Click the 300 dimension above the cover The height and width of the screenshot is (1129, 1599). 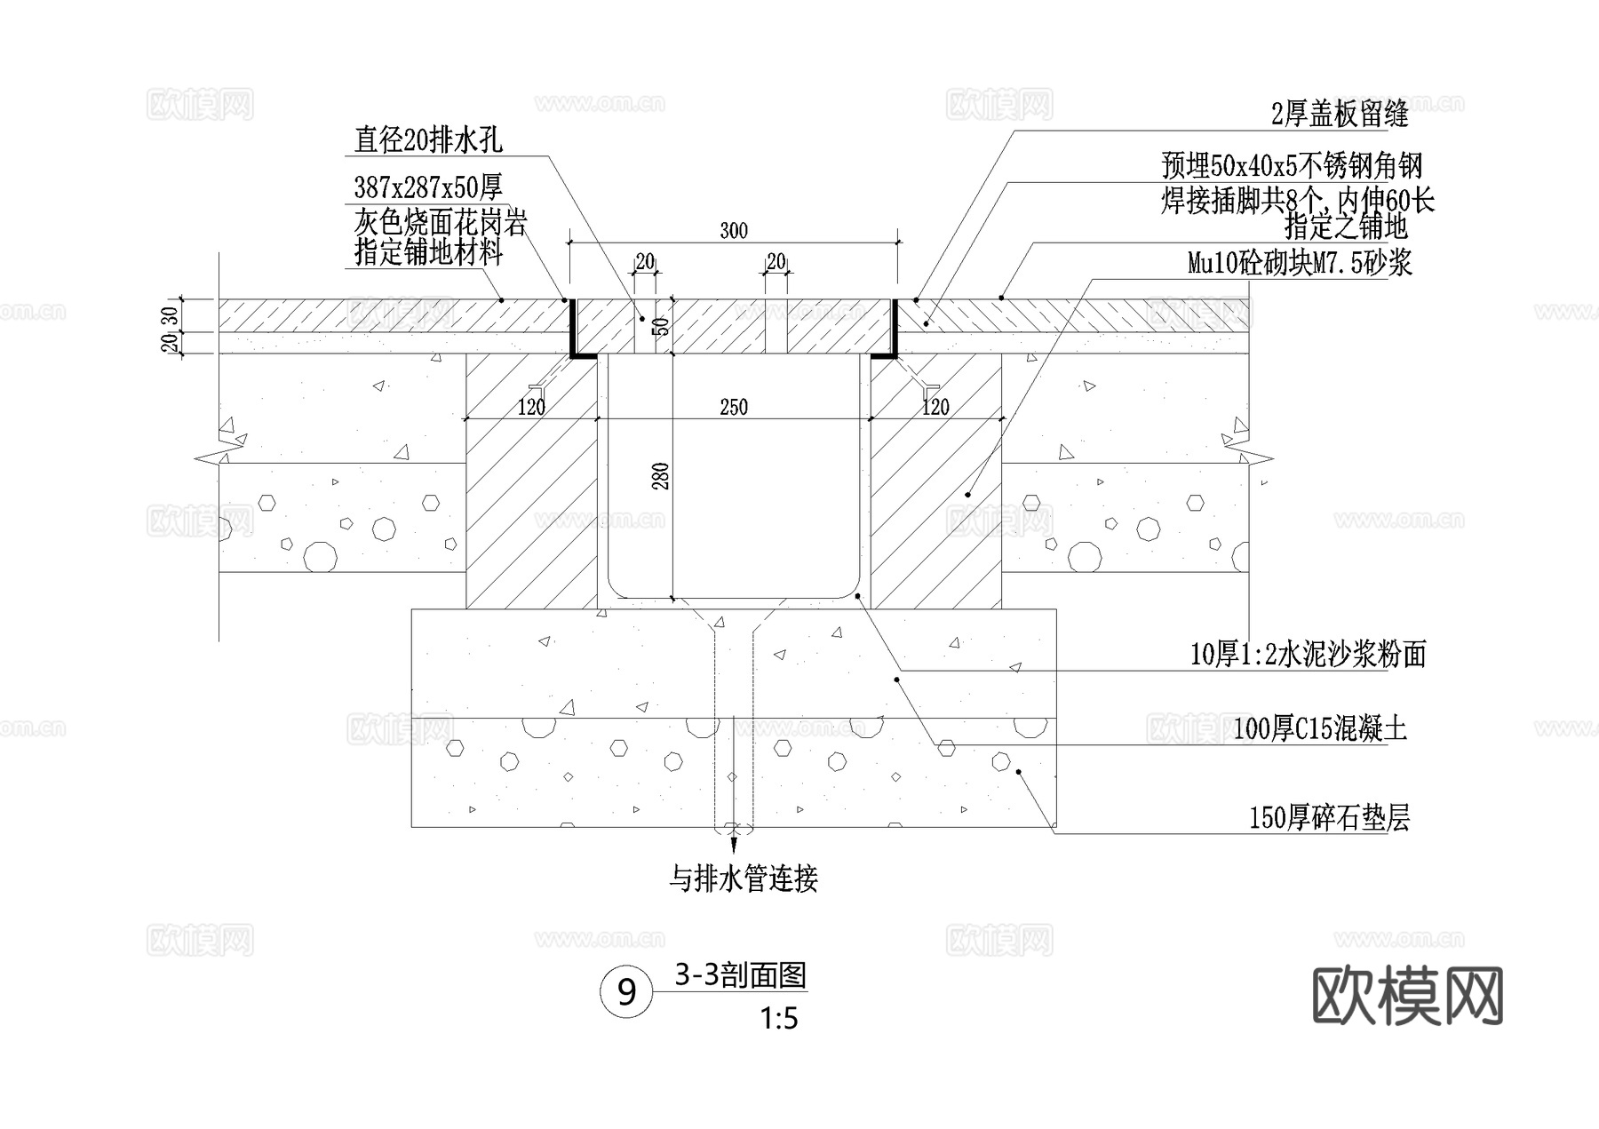733,231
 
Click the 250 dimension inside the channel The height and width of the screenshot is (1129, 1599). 733,408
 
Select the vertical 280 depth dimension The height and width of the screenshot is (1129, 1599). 660,476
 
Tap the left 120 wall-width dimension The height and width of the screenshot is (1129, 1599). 531,408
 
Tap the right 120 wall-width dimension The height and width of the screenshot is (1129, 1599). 935,408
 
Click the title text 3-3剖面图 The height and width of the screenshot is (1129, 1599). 740,976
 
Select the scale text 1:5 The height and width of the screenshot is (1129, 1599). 779,1019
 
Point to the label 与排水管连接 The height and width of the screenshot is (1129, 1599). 743,879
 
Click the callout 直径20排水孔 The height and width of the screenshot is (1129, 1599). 428,139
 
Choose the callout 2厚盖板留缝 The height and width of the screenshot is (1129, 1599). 1340,114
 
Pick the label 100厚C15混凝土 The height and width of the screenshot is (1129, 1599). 1320,730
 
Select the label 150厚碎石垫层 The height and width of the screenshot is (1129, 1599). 1329,817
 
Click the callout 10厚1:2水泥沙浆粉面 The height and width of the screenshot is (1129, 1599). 1308,655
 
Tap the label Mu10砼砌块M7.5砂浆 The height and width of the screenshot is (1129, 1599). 1300,263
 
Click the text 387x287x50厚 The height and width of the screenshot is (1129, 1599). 428,187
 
